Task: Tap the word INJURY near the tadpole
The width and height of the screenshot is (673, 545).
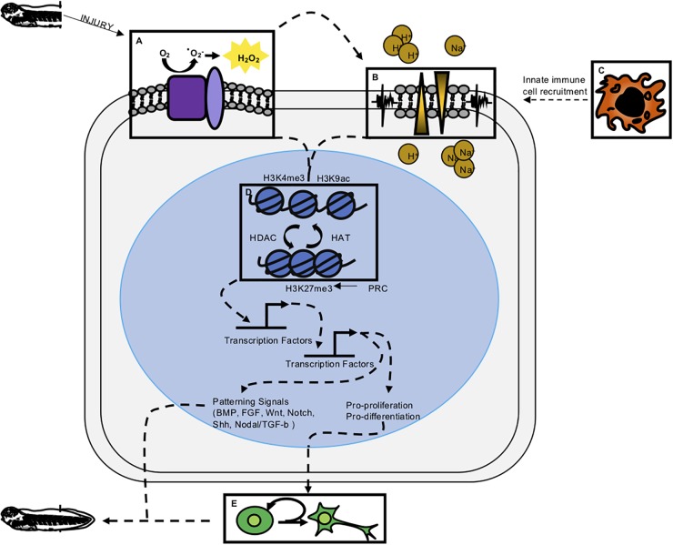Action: tap(92, 22)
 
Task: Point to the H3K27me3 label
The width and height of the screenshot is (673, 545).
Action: tap(309, 288)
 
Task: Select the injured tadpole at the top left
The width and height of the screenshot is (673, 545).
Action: tap(33, 15)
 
